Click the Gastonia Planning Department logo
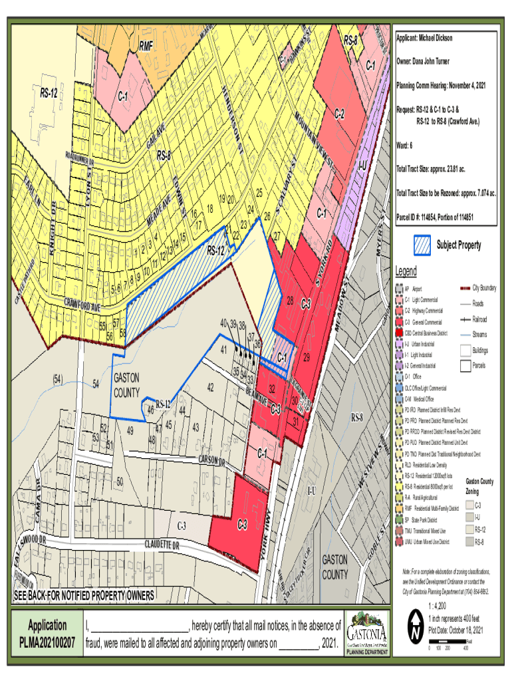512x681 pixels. tap(366, 634)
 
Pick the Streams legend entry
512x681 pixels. tap(477, 335)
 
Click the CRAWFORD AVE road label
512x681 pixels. tap(82, 307)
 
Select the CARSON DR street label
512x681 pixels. tap(212, 460)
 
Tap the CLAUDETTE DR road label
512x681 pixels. tap(162, 545)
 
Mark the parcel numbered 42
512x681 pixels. tap(210, 387)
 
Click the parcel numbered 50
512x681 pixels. tap(120, 480)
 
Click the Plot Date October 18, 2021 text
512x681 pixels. tap(455, 629)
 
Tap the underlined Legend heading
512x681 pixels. tap(406, 271)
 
